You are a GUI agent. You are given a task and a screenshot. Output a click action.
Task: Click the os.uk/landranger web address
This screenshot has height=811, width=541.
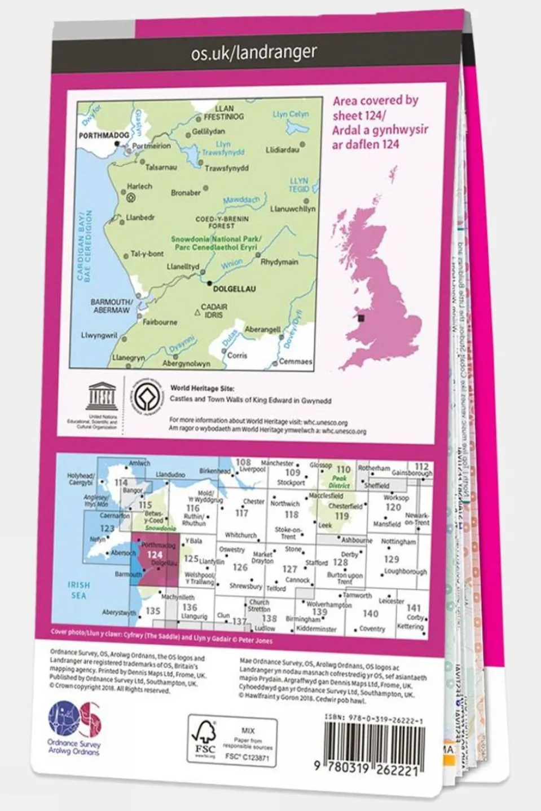[253, 53]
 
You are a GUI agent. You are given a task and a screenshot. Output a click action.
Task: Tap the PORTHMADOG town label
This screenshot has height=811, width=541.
[103, 136]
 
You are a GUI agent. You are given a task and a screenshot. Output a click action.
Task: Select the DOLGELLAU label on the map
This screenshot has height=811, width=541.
[235, 289]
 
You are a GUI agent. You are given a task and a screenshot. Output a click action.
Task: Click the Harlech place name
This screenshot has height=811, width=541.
[139, 186]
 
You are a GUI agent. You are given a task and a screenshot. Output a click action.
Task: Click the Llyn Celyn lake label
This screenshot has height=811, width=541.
[291, 114]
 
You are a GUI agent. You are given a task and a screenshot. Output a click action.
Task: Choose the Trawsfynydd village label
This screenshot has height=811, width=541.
[226, 168]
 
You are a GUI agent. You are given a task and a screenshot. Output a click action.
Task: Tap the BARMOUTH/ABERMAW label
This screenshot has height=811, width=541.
[111, 306]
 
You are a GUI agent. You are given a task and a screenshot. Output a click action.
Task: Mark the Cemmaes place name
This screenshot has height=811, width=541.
[296, 361]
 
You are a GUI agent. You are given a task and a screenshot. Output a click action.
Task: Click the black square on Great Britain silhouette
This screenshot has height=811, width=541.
[361, 318]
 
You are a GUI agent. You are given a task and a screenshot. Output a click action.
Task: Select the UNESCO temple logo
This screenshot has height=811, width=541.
[102, 395]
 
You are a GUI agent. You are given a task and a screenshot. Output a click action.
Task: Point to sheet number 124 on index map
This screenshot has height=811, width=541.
[154, 555]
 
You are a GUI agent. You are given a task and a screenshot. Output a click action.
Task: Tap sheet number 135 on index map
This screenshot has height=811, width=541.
[153, 610]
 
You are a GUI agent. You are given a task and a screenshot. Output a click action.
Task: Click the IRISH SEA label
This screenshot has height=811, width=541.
[78, 590]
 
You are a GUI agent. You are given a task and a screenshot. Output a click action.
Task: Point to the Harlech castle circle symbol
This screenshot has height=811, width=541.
[131, 197]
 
